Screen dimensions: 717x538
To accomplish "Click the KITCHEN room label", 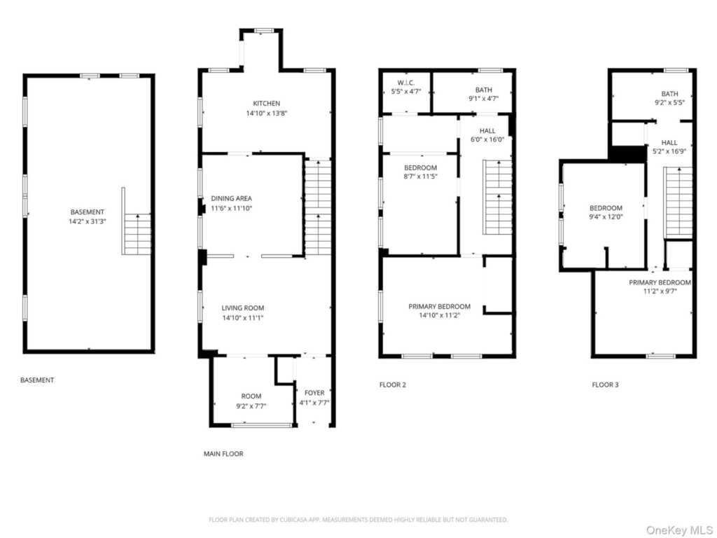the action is (267, 104).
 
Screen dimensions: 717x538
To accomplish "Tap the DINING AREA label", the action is (231, 198).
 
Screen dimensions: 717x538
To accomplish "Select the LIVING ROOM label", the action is (243, 308).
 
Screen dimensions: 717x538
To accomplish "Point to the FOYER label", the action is (314, 393).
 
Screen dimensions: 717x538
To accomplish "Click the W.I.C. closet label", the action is (406, 83).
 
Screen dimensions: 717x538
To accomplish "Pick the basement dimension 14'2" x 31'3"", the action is (88, 221).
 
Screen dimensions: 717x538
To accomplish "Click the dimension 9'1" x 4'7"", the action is (483, 98).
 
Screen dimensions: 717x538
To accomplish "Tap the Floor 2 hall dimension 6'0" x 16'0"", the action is (487, 139).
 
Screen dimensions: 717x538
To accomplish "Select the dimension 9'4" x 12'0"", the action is (606, 217).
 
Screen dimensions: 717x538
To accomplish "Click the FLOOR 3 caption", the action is (605, 385).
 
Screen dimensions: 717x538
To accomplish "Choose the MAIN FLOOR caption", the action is (223, 454).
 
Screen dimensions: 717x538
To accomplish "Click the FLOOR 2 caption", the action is (393, 385).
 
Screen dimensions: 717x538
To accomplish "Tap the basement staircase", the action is (137, 234).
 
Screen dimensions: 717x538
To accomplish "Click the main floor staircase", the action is (318, 207).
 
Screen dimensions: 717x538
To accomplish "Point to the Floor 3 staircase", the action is (678, 202).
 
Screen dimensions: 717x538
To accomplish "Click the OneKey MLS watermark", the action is (679, 530).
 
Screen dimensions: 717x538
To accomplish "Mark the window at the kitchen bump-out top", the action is (264, 31).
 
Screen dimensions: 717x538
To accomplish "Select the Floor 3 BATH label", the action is (669, 94).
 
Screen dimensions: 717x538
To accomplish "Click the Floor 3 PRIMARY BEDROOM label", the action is (660, 283).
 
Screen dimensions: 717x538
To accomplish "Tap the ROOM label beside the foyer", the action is (251, 396).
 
